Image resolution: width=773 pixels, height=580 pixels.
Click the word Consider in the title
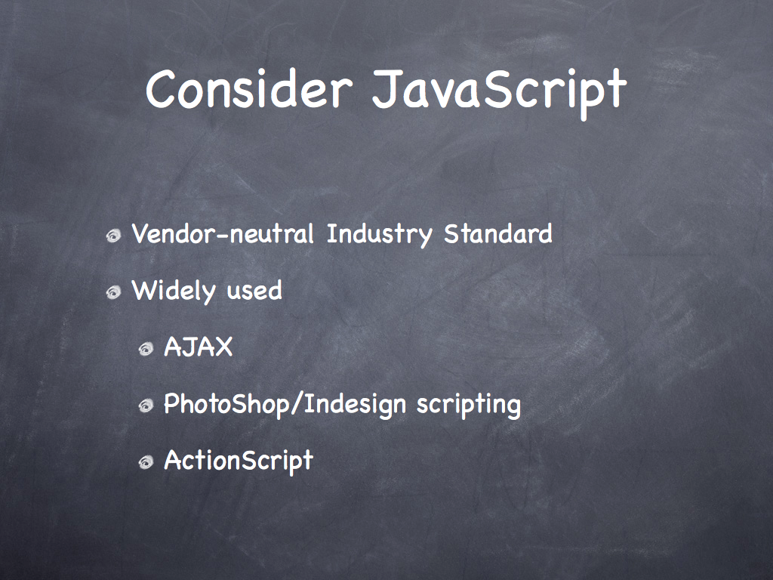coord(249,89)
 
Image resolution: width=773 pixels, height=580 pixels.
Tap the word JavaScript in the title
coord(500,93)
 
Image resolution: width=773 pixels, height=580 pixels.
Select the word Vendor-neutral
coord(223,233)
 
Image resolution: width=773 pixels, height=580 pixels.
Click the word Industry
coord(380,235)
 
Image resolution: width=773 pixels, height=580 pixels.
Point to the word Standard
coord(498,233)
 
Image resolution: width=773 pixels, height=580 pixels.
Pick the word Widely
coord(174,291)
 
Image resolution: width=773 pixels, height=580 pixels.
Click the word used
coord(254,291)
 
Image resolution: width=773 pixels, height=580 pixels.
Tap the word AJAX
coord(199,347)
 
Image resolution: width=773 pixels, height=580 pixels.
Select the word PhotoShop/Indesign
coord(285,405)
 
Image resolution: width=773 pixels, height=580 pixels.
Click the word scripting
coord(469,405)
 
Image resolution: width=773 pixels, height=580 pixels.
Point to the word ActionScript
coord(239,461)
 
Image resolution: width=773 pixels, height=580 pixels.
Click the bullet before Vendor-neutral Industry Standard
coord(113,236)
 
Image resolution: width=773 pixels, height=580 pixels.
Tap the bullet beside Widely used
coord(113,292)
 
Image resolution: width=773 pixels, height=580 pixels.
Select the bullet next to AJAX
coord(146,349)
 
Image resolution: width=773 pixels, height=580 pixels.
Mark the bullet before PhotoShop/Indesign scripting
coord(146,406)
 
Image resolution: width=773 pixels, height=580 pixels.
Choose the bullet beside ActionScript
coord(146,463)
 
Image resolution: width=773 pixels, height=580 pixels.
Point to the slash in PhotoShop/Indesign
coord(297,405)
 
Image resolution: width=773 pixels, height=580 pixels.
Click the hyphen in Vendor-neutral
coord(223,236)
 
